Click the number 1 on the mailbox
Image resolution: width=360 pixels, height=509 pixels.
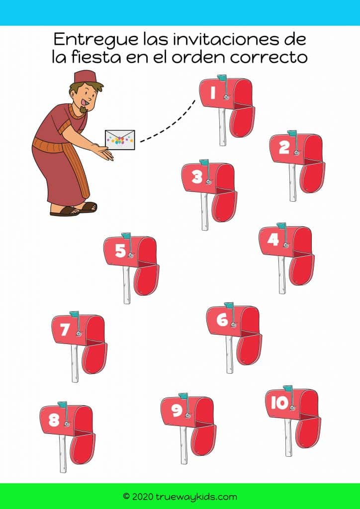pyautogui.click(x=213, y=93)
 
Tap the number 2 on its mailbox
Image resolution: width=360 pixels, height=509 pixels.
pyautogui.click(x=284, y=148)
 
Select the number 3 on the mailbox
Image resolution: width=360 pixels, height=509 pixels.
pyautogui.click(x=197, y=177)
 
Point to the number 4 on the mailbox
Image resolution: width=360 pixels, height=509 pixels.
pyautogui.click(x=273, y=240)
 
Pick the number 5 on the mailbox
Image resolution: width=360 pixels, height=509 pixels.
pyautogui.click(x=120, y=251)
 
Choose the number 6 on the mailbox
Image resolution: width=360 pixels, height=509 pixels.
pyautogui.click(x=222, y=320)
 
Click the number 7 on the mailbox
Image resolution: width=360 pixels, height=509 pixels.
pyautogui.click(x=65, y=330)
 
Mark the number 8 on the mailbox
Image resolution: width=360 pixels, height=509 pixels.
pyautogui.click(x=54, y=421)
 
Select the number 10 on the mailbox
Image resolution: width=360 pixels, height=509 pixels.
pyautogui.click(x=279, y=403)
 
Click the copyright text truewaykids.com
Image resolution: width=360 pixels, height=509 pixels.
pyautogui.click(x=180, y=496)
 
